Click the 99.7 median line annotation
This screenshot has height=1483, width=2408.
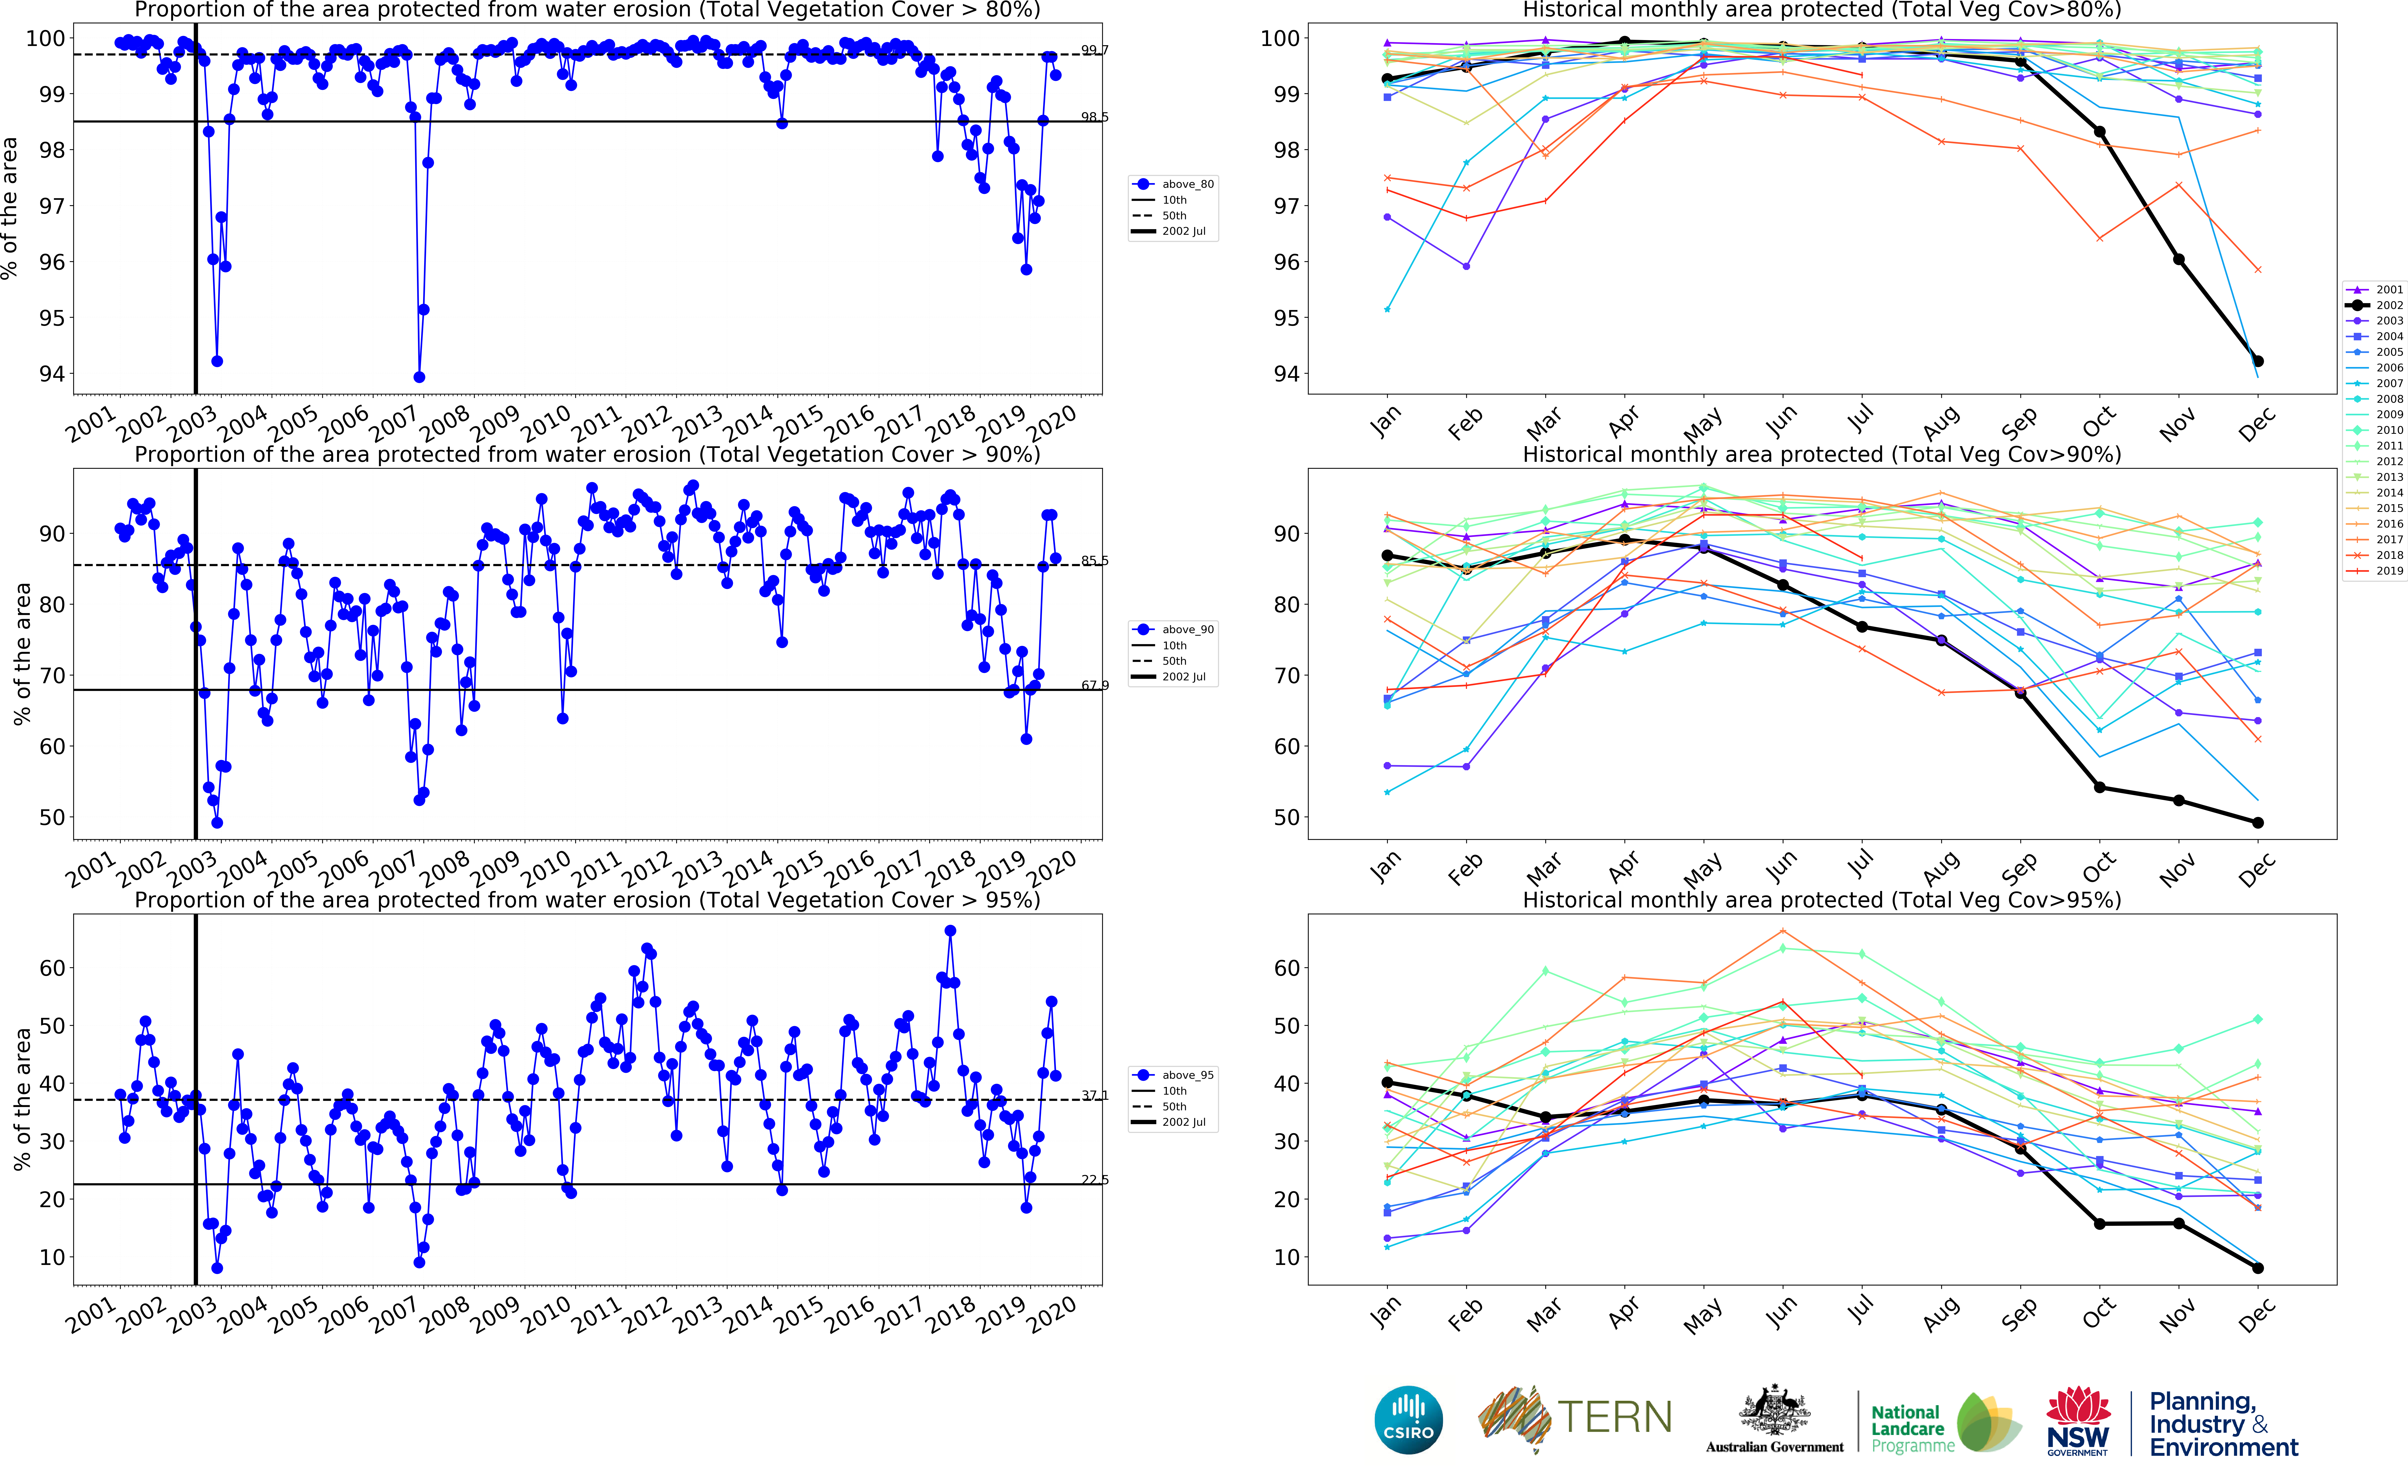click(x=1095, y=50)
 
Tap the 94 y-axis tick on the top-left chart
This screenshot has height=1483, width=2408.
click(x=51, y=374)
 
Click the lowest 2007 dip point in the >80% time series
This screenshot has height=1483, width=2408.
click(x=419, y=377)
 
